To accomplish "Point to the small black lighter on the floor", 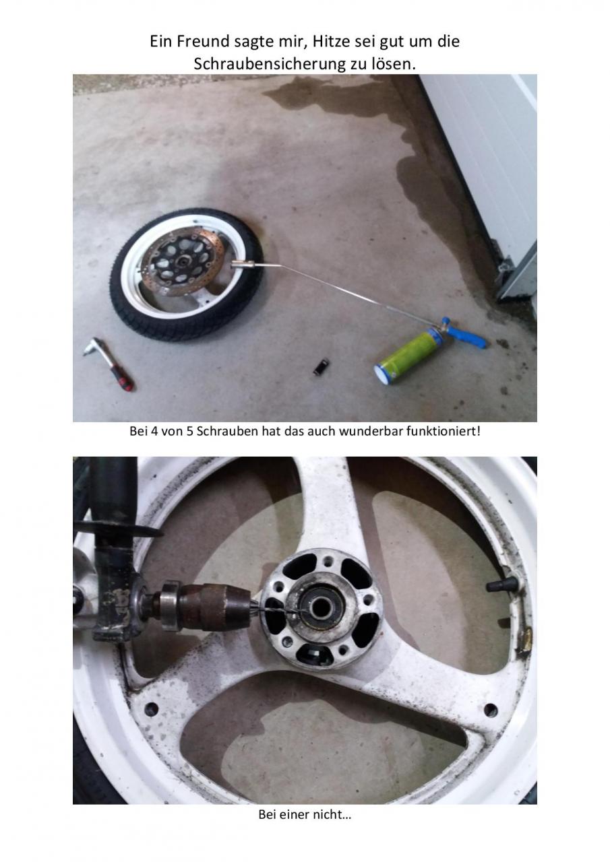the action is (x=321, y=367).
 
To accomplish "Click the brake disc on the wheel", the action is (x=182, y=261).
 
